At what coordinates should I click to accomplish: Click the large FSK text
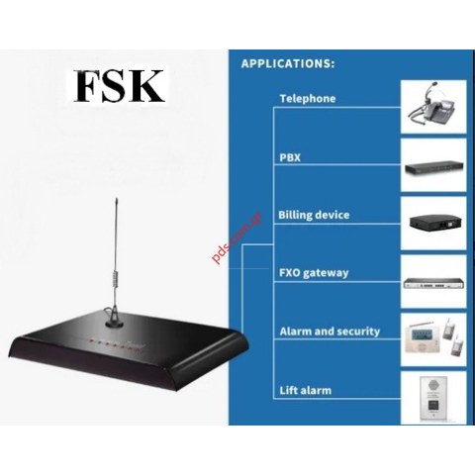(x=119, y=86)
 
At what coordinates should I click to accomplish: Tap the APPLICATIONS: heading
(x=288, y=63)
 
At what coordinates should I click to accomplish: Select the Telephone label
(x=308, y=98)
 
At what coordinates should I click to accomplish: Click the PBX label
(x=290, y=157)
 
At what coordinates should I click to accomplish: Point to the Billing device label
(x=314, y=215)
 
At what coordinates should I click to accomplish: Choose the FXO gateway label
(x=314, y=273)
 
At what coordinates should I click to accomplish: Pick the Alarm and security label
(x=330, y=332)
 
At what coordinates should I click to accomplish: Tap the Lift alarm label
(x=306, y=391)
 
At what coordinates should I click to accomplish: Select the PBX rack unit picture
(x=434, y=167)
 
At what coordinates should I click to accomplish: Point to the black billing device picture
(x=434, y=222)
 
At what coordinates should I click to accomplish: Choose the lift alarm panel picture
(x=433, y=399)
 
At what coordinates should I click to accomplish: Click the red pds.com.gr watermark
(x=237, y=237)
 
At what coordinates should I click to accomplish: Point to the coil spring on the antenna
(x=115, y=279)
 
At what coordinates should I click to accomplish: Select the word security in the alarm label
(x=358, y=332)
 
